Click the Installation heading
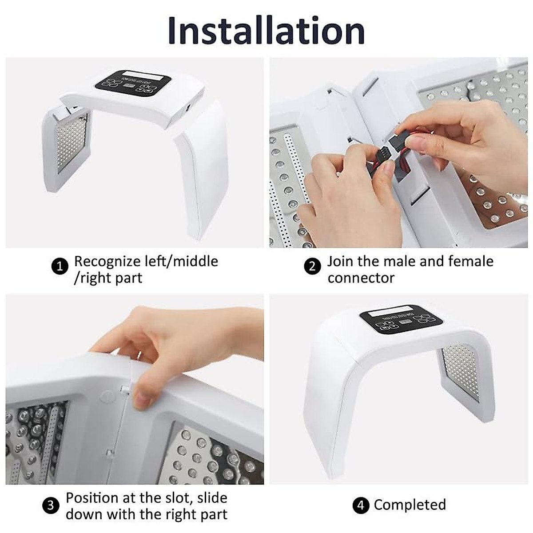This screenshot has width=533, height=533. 266,30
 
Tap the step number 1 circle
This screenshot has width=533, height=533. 60,266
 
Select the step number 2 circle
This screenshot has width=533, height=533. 312,266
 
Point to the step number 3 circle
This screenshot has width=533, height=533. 51,505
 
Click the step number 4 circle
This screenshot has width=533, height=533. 360,505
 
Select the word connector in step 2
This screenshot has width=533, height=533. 361,278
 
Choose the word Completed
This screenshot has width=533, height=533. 410,505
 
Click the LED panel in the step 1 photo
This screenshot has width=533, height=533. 71,142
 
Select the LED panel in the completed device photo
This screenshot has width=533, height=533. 461,371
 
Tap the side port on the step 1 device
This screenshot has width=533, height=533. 188,107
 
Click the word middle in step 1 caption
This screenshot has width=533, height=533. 195,261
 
